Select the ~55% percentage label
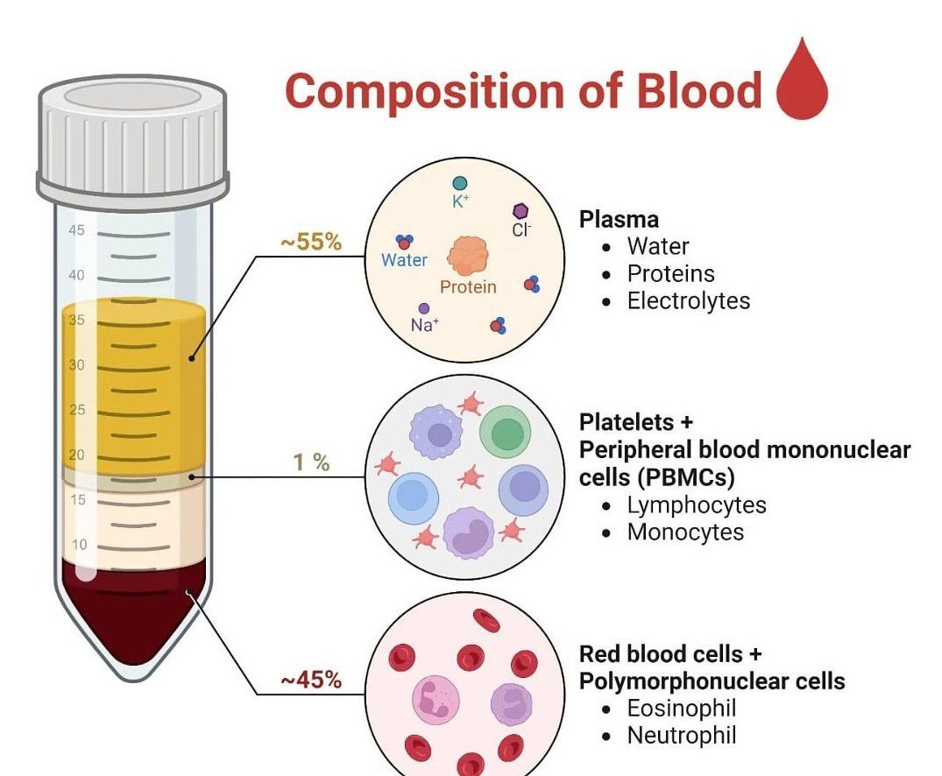coord(311,242)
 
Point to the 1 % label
coord(311,462)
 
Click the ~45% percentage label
coord(311,680)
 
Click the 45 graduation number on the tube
coord(76,230)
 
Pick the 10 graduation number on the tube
coord(79,544)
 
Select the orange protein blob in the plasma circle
coord(467,257)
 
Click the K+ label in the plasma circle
coord(461,201)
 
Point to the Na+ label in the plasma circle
coord(425,325)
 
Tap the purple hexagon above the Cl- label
coord(521,211)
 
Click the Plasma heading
coord(619,219)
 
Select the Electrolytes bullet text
coord(689,300)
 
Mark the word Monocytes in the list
coord(685,533)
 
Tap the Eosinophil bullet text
coord(681,709)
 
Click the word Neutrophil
coord(681,735)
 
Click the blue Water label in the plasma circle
coord(404,260)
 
